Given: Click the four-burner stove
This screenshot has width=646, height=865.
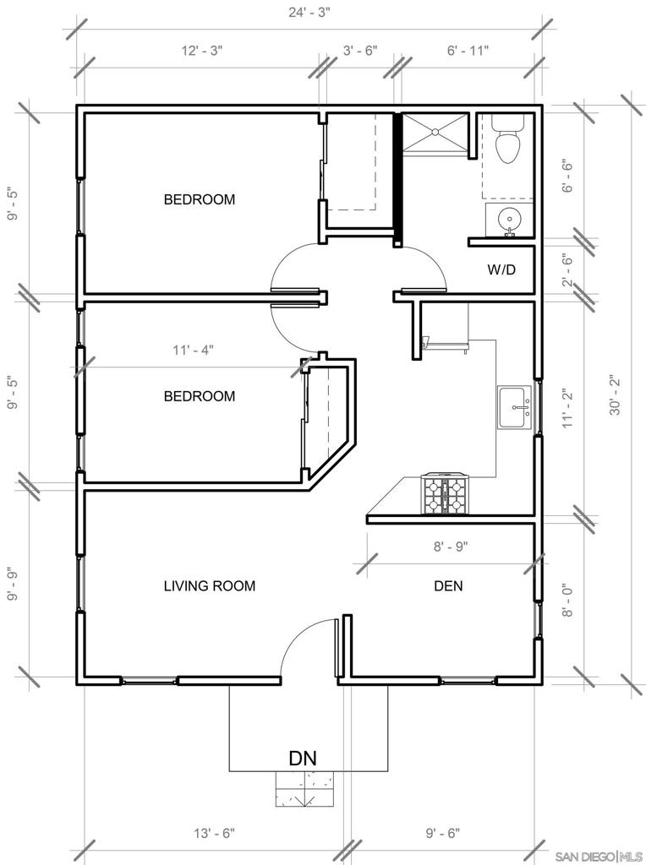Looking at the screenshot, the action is (x=445, y=494).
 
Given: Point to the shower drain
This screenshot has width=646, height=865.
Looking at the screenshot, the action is (x=435, y=132).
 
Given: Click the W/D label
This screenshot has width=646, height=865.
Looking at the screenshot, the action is (x=501, y=269).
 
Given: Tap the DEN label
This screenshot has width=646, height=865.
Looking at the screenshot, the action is (x=448, y=586).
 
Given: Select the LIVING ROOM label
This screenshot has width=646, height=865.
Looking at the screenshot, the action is (x=210, y=586).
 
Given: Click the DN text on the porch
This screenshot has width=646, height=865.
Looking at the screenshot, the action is (x=303, y=758).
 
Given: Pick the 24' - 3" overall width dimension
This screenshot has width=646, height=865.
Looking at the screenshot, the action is (x=309, y=12).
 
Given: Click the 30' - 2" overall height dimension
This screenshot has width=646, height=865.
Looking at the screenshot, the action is (x=616, y=395).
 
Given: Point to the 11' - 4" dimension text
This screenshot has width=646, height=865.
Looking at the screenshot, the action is (x=194, y=350).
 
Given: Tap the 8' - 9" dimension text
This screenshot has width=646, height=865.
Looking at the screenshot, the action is (x=451, y=547).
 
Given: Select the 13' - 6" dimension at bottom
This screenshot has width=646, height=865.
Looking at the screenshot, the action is (x=214, y=832).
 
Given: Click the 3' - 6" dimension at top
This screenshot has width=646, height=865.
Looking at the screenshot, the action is (x=360, y=51).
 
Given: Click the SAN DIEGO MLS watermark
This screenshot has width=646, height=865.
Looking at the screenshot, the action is (x=599, y=857).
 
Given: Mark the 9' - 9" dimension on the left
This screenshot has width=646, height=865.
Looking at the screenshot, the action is (x=12, y=584).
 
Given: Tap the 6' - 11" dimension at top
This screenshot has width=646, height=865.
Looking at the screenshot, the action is (x=468, y=51).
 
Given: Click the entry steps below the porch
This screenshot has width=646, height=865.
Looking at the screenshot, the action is (x=304, y=789).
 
